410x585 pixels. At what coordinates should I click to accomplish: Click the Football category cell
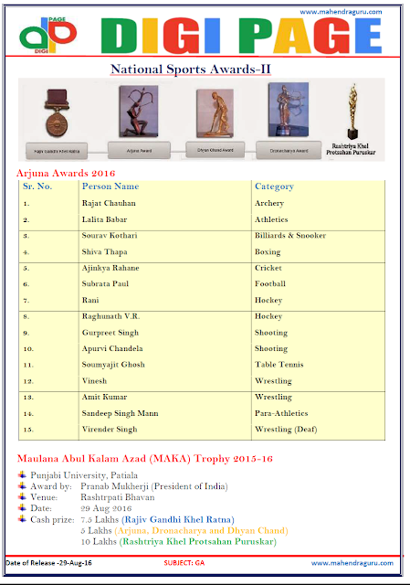coord(272,284)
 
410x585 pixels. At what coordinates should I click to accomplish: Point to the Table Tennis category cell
coord(279,365)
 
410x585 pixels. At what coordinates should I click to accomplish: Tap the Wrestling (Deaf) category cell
coord(287,430)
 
